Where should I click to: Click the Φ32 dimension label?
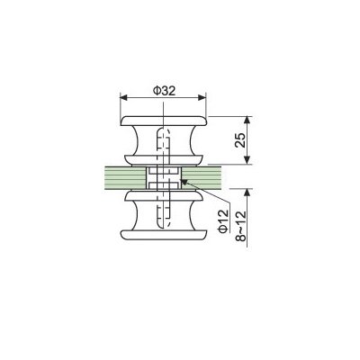point(164,91)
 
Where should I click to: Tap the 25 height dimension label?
point(240,139)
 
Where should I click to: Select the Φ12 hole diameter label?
point(223,221)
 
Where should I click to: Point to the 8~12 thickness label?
point(240,226)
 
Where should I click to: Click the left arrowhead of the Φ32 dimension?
point(123,97)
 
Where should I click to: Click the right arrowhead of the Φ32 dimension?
point(202,97)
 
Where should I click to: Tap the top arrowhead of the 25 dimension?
point(247,120)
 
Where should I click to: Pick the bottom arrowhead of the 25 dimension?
point(247,160)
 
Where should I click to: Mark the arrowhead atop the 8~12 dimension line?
point(247,193)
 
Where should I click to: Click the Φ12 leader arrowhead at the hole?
point(184,182)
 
